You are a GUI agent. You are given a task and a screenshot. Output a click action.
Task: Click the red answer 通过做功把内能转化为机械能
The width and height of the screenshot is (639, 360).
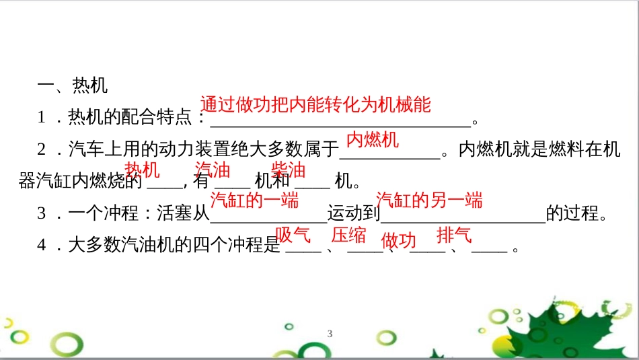pyautogui.click(x=315, y=104)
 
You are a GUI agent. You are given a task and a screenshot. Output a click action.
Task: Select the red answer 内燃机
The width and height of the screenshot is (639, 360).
pyautogui.click(x=373, y=140)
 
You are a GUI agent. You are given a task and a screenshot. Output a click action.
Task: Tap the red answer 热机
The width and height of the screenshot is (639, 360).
pyautogui.click(x=143, y=170)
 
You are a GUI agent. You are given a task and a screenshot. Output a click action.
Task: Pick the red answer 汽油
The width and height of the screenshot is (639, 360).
pyautogui.click(x=212, y=170)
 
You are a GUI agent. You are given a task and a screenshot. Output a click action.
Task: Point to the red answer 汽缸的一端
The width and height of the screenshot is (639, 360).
pyautogui.click(x=254, y=200)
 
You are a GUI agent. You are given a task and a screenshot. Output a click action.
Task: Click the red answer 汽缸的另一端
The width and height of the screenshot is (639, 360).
pyautogui.click(x=429, y=200)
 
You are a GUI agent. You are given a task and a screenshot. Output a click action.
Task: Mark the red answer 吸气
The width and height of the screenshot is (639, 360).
pyautogui.click(x=293, y=235)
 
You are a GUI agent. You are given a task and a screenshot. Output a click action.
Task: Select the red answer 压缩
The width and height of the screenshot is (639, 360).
pyautogui.click(x=349, y=235)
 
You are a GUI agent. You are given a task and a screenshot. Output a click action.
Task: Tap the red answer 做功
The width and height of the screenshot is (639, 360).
pyautogui.click(x=399, y=240)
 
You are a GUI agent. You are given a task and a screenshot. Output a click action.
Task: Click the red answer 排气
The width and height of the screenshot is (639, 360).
pyautogui.click(x=454, y=235)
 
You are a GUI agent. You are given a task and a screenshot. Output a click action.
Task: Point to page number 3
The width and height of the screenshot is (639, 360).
pyautogui.click(x=330, y=334)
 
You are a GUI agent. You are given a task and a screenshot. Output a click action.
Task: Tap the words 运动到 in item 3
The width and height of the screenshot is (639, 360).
pyautogui.click(x=353, y=215)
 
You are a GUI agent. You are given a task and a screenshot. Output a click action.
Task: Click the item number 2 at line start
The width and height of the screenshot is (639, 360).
pyautogui.click(x=42, y=150)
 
